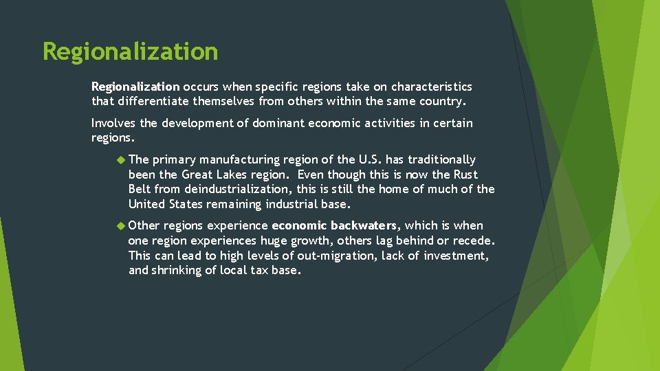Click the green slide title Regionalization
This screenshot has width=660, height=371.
tap(130, 52)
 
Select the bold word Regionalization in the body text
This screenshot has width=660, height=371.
tap(135, 87)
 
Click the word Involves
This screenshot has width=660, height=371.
tap(113, 123)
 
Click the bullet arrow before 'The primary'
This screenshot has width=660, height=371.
tap(121, 159)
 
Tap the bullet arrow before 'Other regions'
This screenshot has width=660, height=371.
tap(121, 225)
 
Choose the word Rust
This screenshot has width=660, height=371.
tap(464, 175)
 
